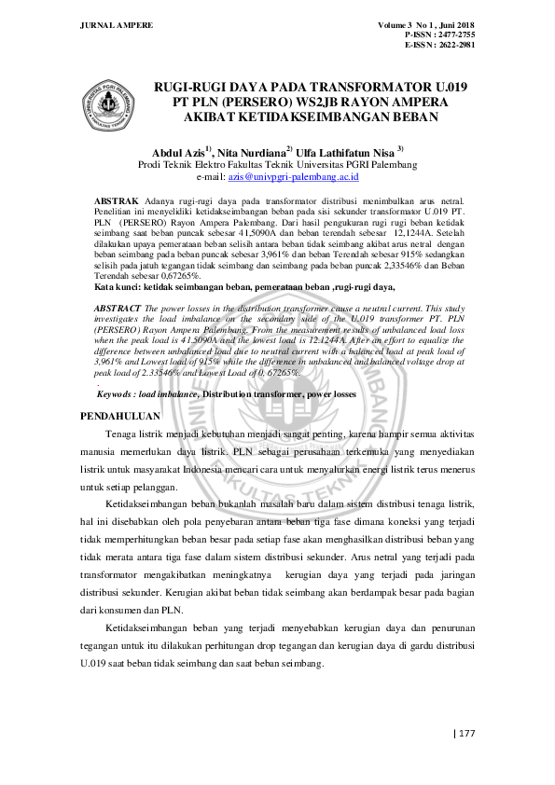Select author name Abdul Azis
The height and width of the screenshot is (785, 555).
click(x=178, y=151)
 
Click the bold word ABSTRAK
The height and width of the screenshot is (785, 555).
click(x=117, y=200)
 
